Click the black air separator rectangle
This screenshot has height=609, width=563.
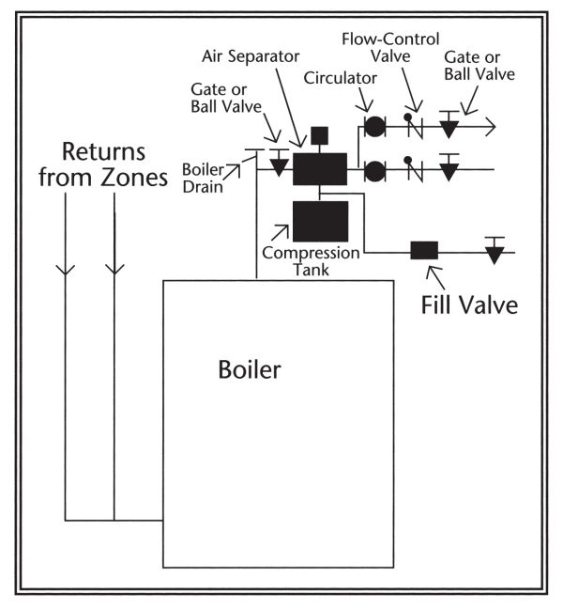320,169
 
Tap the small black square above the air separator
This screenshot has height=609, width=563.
319,133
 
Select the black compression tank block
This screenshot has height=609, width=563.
320,221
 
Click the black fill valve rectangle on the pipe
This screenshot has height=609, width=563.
424,251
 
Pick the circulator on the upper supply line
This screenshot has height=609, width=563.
374,125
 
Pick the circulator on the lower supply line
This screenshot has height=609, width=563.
374,170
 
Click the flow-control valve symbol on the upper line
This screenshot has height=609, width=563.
412,124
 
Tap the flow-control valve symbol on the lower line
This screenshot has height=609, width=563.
412,169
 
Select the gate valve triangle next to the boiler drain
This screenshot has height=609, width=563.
279,165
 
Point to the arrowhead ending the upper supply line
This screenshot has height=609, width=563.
489,125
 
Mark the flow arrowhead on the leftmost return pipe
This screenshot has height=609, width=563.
66,269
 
